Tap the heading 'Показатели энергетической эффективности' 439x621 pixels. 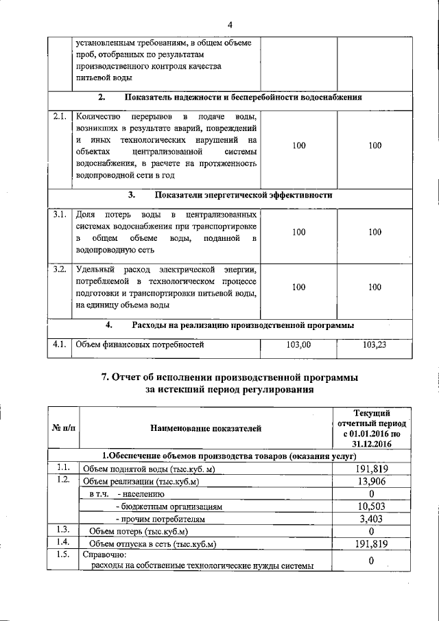(x=244, y=195)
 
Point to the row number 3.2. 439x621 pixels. (x=59, y=268)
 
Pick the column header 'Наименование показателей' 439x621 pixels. (x=206, y=429)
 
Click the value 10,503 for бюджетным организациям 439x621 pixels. (x=371, y=506)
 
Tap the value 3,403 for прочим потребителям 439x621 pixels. (x=371, y=519)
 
